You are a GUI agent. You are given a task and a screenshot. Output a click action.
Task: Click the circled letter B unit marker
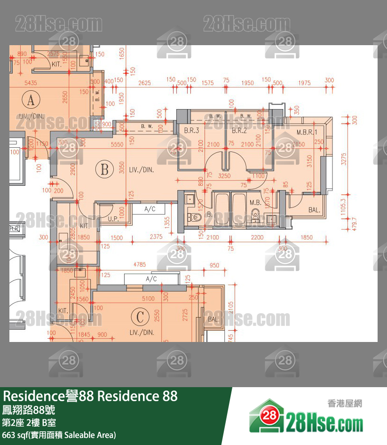(x=104, y=169)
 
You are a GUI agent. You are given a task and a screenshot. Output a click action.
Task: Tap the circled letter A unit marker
(x=31, y=100)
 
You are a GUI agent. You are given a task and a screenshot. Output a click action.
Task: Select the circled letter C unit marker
(x=140, y=317)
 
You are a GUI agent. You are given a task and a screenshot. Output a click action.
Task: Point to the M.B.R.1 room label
(x=307, y=132)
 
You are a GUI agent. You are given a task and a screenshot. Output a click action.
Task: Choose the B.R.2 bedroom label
(x=239, y=131)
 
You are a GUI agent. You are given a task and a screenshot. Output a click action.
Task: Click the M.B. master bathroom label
(x=255, y=203)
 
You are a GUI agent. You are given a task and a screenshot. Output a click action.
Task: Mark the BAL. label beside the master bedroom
(x=314, y=210)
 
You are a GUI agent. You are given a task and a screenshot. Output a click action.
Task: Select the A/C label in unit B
(x=150, y=209)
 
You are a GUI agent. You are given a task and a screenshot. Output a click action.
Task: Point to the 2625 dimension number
(x=144, y=83)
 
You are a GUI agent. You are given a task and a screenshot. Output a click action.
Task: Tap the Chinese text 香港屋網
(x=345, y=403)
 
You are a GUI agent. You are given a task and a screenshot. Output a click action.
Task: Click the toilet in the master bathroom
(x=255, y=215)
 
